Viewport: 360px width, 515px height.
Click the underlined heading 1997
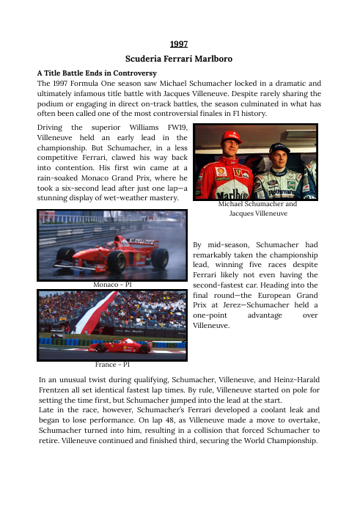180,44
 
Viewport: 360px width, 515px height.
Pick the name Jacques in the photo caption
242,213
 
